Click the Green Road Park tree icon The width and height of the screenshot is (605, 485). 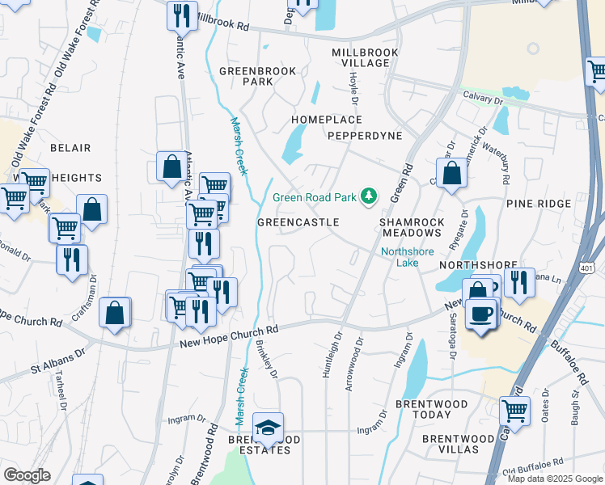(x=369, y=196)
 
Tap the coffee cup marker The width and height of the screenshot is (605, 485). (x=482, y=313)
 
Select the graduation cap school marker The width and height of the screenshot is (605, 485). (x=268, y=426)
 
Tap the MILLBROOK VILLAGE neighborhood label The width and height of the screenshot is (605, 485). (x=366, y=57)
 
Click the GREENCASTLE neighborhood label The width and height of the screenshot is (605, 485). (x=298, y=221)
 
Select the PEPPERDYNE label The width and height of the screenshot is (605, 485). (x=365, y=136)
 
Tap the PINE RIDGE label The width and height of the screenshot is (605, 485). (x=539, y=204)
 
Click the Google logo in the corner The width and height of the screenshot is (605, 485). (x=27, y=475)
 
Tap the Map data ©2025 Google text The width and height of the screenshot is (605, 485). (x=554, y=479)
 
